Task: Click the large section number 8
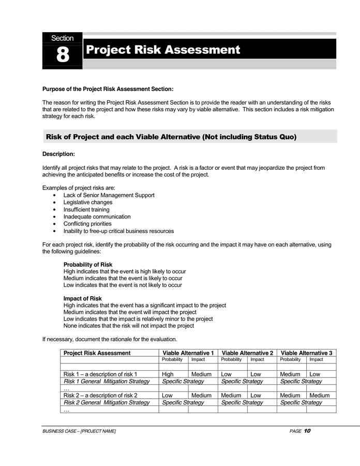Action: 62,55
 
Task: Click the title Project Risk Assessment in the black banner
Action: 163,50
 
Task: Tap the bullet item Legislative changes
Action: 87,202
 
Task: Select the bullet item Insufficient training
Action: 86,210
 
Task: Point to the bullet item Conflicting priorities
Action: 87,224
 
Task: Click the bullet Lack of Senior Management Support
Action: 109,195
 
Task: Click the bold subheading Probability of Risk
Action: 87,265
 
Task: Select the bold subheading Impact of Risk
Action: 82,299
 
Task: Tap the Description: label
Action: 58,154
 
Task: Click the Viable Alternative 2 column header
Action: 247,353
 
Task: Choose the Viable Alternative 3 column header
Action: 306,353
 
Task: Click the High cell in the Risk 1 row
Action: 168,374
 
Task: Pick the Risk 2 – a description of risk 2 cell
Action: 100,395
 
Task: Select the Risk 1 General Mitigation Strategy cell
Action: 106,381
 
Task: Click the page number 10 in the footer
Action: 307,431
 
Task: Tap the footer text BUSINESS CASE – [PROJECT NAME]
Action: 79,431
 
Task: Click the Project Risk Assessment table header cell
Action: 97,353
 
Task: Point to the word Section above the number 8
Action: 62,38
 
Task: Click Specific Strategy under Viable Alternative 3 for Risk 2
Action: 301,402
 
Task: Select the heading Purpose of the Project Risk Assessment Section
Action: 108,89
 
